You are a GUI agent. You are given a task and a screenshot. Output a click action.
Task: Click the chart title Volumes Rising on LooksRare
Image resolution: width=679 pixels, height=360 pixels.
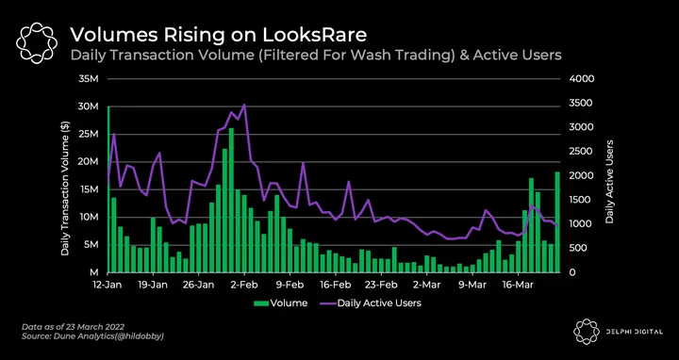[218, 35]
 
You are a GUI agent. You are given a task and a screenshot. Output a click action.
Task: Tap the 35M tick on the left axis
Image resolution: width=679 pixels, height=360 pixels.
[90, 79]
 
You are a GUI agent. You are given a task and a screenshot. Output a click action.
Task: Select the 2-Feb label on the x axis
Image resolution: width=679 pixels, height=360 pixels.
[244, 286]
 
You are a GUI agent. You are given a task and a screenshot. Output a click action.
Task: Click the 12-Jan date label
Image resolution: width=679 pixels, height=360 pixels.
[108, 286]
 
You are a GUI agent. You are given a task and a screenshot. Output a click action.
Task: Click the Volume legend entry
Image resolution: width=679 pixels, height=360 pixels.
[281, 303]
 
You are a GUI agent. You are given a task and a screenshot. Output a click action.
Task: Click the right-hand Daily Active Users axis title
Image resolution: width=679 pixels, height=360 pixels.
[610, 181]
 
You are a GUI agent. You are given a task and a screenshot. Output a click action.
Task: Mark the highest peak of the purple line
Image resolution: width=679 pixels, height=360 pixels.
[244, 105]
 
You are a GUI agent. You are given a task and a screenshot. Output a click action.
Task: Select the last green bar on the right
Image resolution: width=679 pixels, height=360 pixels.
[557, 222]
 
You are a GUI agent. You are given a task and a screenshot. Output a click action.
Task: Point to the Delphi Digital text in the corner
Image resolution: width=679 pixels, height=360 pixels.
[635, 332]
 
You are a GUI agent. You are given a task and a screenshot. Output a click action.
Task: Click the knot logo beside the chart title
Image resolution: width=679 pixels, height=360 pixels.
[37, 41]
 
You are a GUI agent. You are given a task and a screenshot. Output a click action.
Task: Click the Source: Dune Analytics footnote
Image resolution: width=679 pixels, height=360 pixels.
[92, 335]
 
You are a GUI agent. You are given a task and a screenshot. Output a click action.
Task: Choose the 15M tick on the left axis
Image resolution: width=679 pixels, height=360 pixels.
[91, 189]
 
